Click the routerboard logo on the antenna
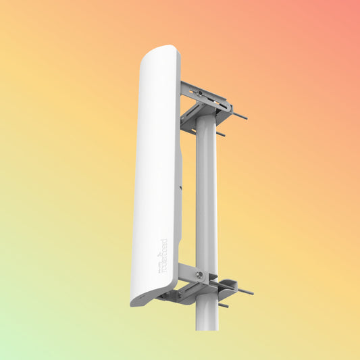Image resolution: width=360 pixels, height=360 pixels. point(163,255)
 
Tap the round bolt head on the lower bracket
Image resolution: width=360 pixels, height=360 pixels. point(199,275)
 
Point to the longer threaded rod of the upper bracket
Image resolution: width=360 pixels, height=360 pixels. point(238,115)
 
